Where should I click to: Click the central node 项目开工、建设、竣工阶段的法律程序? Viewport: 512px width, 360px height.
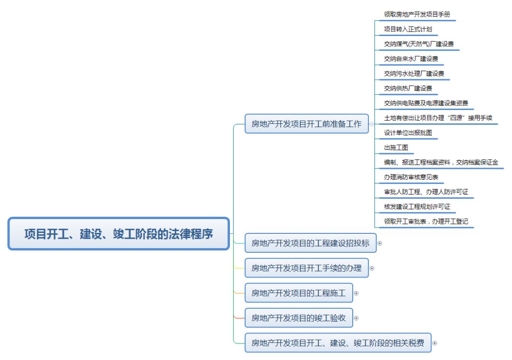[119, 234]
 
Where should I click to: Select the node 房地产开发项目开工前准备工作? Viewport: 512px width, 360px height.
[306, 124]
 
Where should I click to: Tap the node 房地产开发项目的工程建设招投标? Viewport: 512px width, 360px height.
[310, 243]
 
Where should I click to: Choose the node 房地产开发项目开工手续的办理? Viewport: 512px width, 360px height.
[306, 268]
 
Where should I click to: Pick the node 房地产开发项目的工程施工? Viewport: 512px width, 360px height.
[299, 293]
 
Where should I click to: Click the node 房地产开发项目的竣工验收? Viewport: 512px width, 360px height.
[299, 318]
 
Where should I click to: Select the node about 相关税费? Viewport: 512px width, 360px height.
[338, 342]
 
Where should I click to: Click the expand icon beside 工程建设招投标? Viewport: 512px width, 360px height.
[379, 243]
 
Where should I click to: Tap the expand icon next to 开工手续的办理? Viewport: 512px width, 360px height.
[372, 268]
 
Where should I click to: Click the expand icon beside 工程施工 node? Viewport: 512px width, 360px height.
[357, 293]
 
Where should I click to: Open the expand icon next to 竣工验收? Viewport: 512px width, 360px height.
[357, 318]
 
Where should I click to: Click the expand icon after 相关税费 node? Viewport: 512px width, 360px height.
[434, 342]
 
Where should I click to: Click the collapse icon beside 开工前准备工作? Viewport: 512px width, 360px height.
[372, 124]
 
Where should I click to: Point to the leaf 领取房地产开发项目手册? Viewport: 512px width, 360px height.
[414, 15]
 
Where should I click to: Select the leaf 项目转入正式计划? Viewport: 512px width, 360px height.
[408, 29]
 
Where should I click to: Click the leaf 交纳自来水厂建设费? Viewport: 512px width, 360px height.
[411, 59]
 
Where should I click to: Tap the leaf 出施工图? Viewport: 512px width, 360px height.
[396, 148]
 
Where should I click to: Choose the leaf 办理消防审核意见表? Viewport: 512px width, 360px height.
[411, 177]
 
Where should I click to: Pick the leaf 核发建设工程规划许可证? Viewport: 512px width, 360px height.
[417, 206]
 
